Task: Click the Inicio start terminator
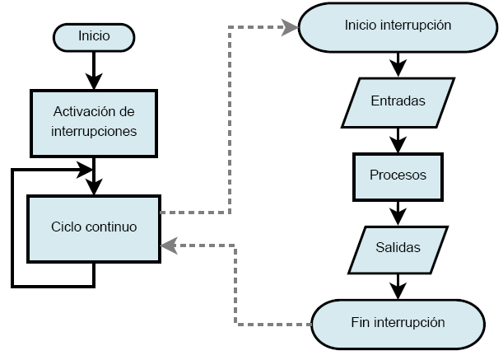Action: (x=93, y=36)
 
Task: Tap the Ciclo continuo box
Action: (x=93, y=227)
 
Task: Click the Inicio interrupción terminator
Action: (x=398, y=25)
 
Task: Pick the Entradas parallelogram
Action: (x=398, y=102)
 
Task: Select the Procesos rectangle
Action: (x=398, y=175)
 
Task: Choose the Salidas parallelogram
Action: (x=398, y=247)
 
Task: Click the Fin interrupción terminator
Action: (x=398, y=322)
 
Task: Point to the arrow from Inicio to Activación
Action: (x=94, y=69)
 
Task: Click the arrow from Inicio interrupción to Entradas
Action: (x=398, y=63)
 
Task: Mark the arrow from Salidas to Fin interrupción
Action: (x=398, y=285)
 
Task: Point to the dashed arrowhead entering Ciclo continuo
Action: (x=167, y=244)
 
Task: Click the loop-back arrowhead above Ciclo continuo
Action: (x=84, y=169)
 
